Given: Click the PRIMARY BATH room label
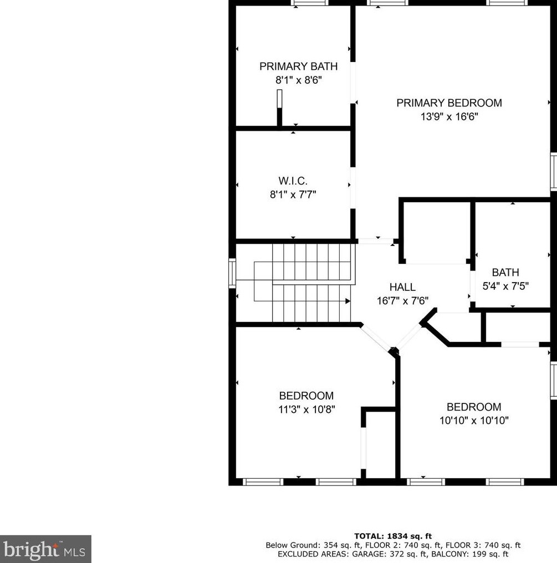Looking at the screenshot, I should (x=298, y=66).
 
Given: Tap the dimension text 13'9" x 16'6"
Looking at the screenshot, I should (x=449, y=117).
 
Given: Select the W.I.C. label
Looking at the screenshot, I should (x=293, y=181).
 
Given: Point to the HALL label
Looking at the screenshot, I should (x=402, y=287).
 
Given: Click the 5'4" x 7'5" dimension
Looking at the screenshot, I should (x=505, y=286).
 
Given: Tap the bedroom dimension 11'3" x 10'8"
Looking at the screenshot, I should (x=306, y=410).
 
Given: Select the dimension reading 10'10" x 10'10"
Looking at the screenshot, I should (x=474, y=421).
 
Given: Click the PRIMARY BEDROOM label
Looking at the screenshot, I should (x=449, y=103).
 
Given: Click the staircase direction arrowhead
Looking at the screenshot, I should (x=348, y=301).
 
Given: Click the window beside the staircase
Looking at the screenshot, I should (x=232, y=273).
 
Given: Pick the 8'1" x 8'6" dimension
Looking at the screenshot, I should (x=298, y=80).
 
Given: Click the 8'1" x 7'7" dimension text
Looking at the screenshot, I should (x=293, y=195).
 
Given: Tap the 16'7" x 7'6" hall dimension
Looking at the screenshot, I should (x=402, y=301).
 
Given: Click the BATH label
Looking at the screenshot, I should (x=505, y=273).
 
